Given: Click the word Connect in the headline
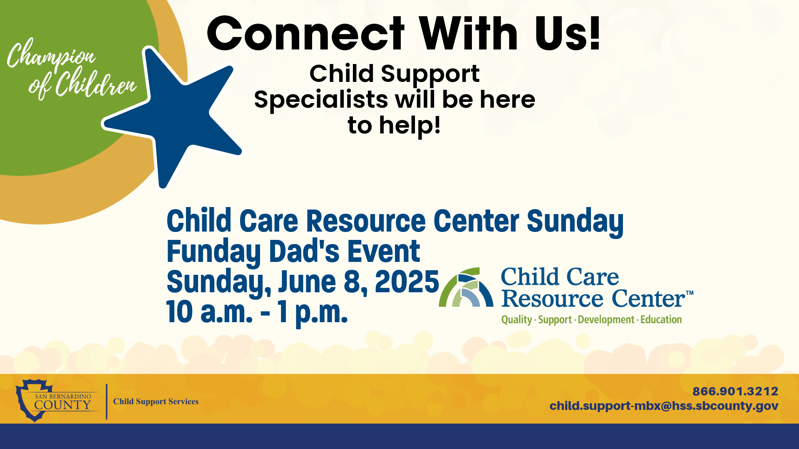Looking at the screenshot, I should pyautogui.click(x=305, y=34).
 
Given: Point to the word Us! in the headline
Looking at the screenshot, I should pyautogui.click(x=568, y=34).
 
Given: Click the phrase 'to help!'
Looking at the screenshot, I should pyautogui.click(x=394, y=126).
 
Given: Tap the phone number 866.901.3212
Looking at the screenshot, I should pyautogui.click(x=735, y=391).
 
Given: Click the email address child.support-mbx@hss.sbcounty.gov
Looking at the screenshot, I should pyautogui.click(x=664, y=406).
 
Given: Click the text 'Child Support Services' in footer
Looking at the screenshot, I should pyautogui.click(x=156, y=402).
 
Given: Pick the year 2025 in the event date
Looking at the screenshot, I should pyautogui.click(x=407, y=282).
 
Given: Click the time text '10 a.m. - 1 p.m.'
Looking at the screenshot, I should pyautogui.click(x=257, y=312).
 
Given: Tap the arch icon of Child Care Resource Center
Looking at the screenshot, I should pyautogui.click(x=466, y=288).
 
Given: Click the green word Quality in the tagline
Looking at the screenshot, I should pyautogui.click(x=516, y=320).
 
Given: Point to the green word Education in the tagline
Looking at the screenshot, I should pyautogui.click(x=661, y=320).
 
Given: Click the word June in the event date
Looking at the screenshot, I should pyautogui.click(x=307, y=282).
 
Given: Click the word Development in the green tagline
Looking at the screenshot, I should pyautogui.click(x=606, y=320).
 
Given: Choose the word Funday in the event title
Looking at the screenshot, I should pyautogui.click(x=213, y=252).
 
